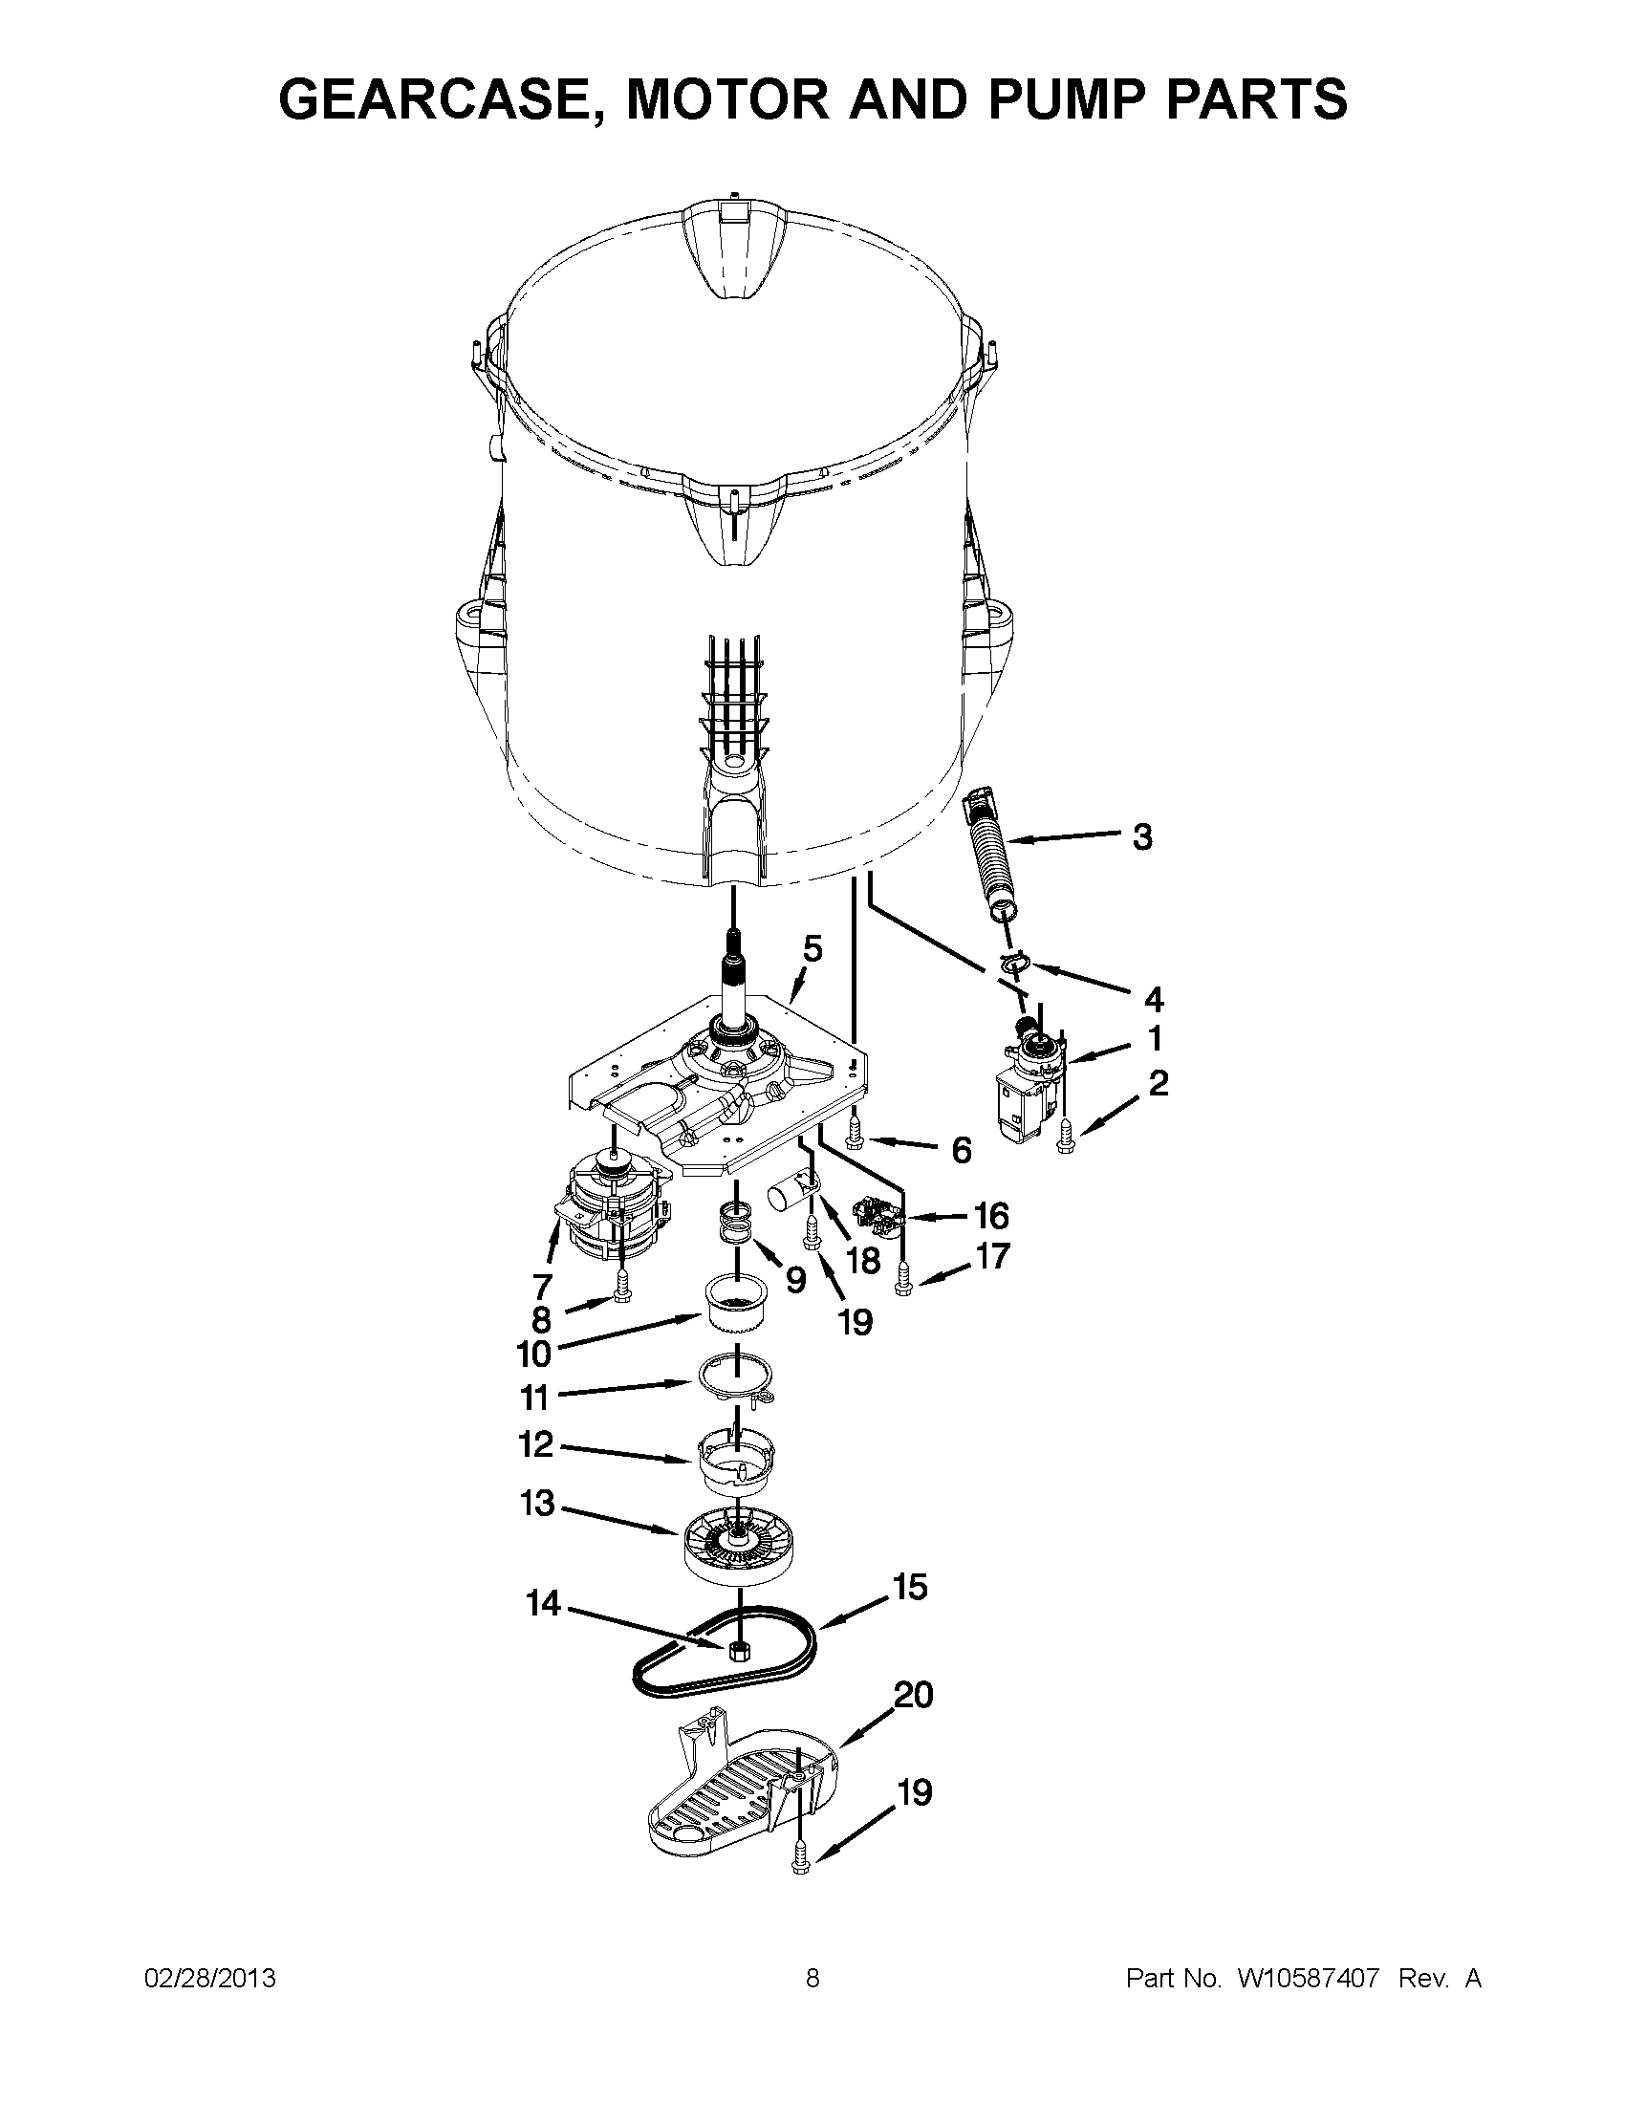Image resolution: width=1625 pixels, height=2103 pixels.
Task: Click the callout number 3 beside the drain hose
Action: pos(1141,836)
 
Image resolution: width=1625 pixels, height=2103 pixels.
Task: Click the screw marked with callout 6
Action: pos(854,1139)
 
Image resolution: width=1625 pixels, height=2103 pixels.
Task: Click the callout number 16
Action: pos(991,1216)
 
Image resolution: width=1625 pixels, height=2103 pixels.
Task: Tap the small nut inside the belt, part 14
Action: pos(740,1651)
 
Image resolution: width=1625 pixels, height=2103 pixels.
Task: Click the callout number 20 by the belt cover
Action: pos(914,1695)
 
